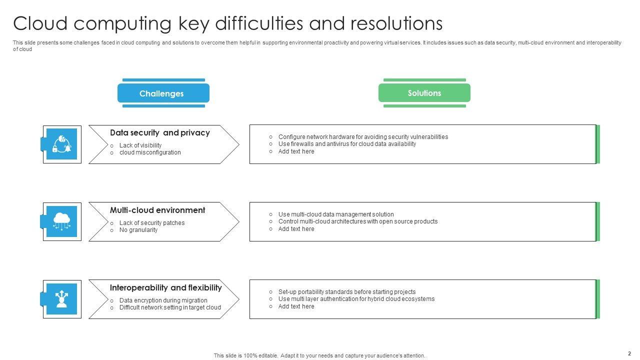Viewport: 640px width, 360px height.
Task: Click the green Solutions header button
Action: click(x=424, y=93)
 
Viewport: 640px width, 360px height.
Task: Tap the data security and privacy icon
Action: click(x=61, y=144)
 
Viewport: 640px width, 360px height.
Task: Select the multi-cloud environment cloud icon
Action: click(x=61, y=221)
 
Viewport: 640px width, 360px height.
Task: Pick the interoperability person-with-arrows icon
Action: click(x=61, y=299)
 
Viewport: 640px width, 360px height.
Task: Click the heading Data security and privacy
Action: click(x=159, y=132)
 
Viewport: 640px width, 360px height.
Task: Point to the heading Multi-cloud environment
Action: click(x=157, y=210)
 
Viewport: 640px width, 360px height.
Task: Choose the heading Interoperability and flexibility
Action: click(x=165, y=287)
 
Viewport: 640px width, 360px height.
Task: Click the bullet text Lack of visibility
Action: click(x=140, y=145)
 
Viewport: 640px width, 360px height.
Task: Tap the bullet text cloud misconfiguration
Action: click(x=150, y=152)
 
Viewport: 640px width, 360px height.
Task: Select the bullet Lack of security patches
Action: click(x=152, y=223)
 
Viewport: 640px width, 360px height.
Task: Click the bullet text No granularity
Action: click(x=138, y=230)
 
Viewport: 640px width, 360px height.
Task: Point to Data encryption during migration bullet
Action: click(x=163, y=300)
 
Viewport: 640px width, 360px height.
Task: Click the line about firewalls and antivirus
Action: click(x=347, y=144)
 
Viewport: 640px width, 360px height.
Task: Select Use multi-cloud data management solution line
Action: click(x=336, y=214)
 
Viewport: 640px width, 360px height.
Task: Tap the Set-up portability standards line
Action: click(x=347, y=292)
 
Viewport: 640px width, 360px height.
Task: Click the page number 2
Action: click(x=629, y=353)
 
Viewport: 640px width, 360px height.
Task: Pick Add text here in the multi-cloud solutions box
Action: click(x=296, y=229)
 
